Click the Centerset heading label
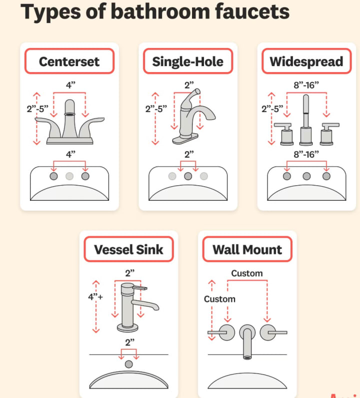coord(69,62)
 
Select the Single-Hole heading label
coord(188,62)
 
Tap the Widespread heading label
coord(306,62)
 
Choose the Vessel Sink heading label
coord(129,249)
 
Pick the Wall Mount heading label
coord(247,249)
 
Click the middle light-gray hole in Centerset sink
coord(69,176)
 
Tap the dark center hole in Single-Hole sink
coord(188,176)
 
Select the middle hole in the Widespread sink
coord(306,176)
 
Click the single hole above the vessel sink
coord(129,364)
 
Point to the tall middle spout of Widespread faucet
coord(306,118)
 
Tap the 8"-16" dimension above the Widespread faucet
coord(306,85)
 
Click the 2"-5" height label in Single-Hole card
coord(156,109)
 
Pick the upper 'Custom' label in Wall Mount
coord(246,273)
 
